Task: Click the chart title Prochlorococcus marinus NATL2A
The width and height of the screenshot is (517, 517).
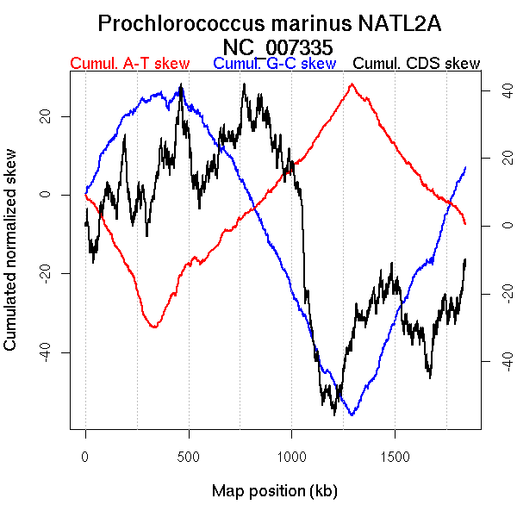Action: click(270, 23)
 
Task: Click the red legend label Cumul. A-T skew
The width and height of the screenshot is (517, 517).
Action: click(129, 64)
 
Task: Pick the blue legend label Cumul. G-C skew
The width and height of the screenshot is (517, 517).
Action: click(274, 64)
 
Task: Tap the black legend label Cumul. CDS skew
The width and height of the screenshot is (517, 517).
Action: click(417, 64)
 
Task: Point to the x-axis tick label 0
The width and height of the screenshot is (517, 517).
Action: click(85, 454)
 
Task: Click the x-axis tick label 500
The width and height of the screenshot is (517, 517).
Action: click(189, 454)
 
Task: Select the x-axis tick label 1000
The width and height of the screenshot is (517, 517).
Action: click(291, 454)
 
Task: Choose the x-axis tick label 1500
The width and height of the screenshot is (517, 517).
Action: click(395, 454)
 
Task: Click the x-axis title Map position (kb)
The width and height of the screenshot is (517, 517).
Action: click(274, 491)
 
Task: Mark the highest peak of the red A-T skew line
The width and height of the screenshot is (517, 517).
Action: click(352, 84)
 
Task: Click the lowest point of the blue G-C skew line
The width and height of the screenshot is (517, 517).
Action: click(352, 414)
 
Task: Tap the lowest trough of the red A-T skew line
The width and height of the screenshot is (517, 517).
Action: click(154, 327)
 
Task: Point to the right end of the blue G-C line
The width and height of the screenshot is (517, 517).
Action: click(465, 167)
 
